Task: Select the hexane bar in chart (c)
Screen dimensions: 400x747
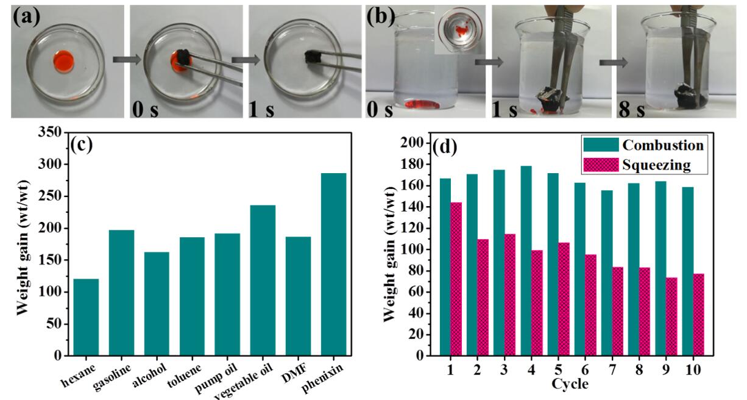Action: point(86,316)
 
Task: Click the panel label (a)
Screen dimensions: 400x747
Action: point(27,16)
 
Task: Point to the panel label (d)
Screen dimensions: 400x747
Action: point(446,148)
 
